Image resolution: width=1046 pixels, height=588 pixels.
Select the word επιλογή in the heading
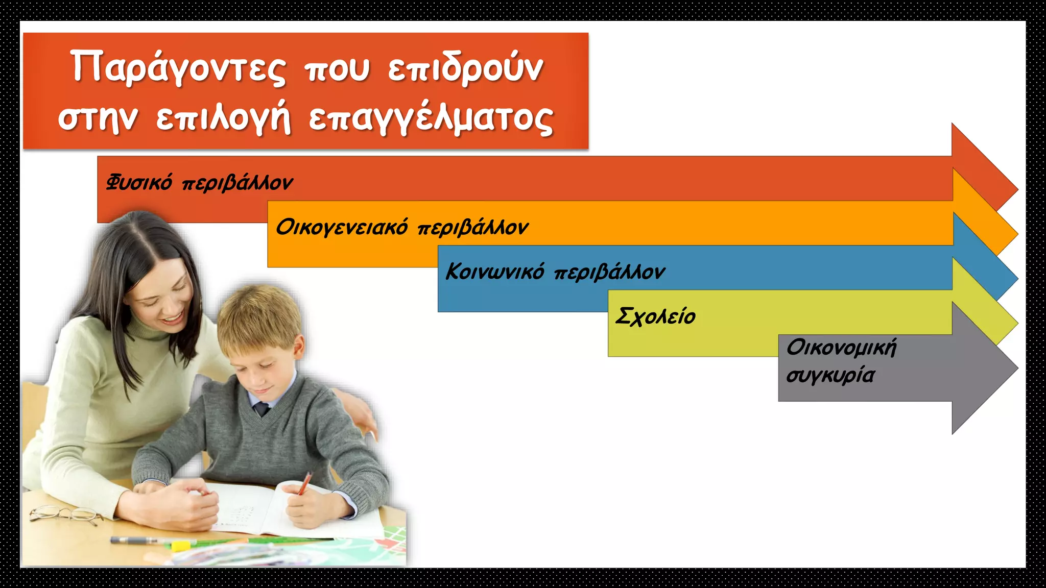click(x=223, y=119)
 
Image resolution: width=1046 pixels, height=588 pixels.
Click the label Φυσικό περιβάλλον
click(x=199, y=183)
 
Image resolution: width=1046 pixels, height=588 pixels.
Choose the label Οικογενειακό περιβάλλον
click(x=402, y=227)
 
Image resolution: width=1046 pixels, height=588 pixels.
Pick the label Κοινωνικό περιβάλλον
click(x=555, y=272)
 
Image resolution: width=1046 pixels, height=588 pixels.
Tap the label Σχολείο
click(x=656, y=316)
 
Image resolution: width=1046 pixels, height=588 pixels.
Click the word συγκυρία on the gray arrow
click(x=830, y=375)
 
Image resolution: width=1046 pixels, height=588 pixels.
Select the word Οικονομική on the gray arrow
click(x=841, y=348)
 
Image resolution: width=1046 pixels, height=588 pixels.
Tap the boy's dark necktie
click(x=261, y=408)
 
